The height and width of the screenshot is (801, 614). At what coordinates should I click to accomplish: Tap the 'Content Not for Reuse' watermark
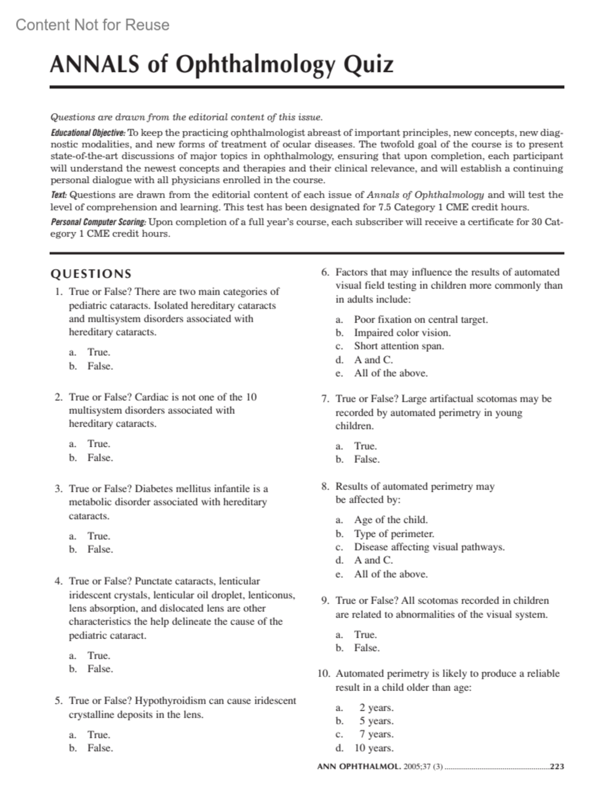[x=93, y=25]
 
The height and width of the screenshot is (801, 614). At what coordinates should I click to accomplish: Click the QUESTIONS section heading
[x=91, y=274]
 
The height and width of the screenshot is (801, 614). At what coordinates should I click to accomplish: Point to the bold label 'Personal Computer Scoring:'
[x=98, y=222]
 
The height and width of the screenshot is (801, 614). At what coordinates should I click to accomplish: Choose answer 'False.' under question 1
[x=100, y=366]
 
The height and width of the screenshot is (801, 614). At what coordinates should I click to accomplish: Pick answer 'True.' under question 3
[x=99, y=536]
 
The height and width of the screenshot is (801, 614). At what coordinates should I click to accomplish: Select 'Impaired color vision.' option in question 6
[x=402, y=333]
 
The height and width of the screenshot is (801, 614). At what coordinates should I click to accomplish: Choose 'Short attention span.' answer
[x=399, y=346]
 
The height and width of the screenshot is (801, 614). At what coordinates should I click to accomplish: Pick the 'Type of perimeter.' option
[x=394, y=534]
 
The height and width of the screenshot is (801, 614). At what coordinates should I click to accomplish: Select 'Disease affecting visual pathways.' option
[x=429, y=547]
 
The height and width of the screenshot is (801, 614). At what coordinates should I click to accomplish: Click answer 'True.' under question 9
[x=365, y=635]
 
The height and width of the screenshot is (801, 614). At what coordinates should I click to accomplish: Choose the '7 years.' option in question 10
[x=376, y=734]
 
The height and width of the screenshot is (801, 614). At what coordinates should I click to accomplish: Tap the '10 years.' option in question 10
[x=374, y=748]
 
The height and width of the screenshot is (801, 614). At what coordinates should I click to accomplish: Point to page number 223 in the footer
[x=557, y=767]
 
